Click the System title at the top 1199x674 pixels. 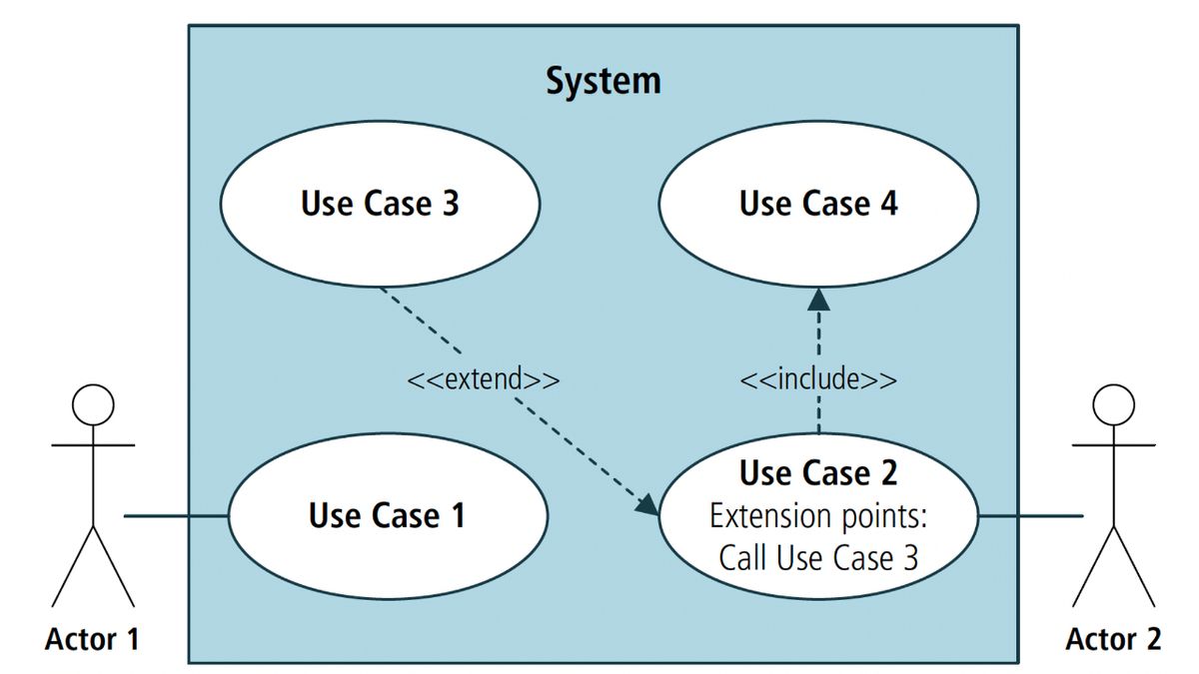602,81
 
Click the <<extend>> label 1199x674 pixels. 484,379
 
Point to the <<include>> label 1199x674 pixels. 817,379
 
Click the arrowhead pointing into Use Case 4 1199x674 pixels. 818,299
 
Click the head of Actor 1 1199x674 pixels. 92,405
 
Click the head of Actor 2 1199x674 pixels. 1113,405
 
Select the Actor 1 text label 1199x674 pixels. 92,639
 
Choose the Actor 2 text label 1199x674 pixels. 1113,639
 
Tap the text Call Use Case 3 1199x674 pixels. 818,558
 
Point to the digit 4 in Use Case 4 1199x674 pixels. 887,204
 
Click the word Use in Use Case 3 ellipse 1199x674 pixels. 327,204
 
